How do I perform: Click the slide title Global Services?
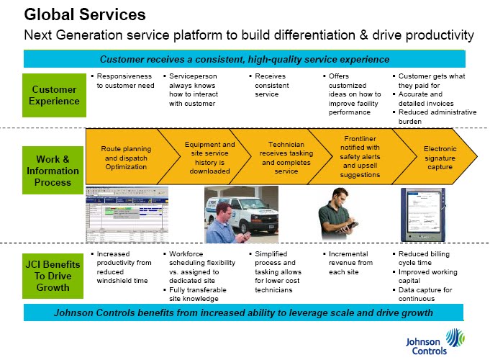coord(85,14)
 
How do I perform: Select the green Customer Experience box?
coord(53,96)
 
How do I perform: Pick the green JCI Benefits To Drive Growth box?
coord(53,274)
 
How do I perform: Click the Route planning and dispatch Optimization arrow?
coord(124,157)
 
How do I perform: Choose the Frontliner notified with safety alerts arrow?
coord(362,157)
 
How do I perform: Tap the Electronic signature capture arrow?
coord(439,157)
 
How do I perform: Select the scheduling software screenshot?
coord(127,216)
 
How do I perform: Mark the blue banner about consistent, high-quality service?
coord(245,59)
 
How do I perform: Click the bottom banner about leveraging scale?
coord(244,312)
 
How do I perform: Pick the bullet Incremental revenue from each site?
coord(350,258)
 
